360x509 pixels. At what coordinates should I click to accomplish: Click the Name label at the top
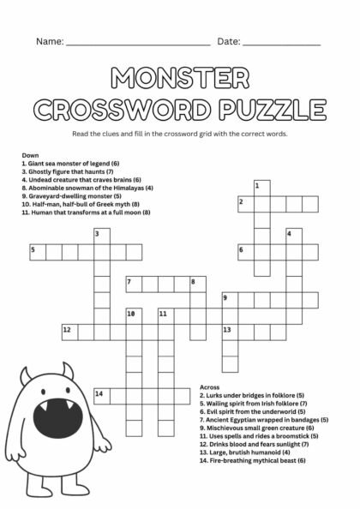tap(49, 41)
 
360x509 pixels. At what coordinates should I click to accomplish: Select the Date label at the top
tap(228, 41)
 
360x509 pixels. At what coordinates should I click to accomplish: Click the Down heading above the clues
tap(30, 154)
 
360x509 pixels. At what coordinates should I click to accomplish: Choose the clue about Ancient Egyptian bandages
tap(264, 420)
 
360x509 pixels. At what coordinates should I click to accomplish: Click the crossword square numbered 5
tap(36, 250)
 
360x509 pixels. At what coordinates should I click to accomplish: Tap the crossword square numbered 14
tap(101, 393)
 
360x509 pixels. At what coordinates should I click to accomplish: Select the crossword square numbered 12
tap(68, 330)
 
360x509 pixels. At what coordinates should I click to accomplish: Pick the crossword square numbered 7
tap(132, 282)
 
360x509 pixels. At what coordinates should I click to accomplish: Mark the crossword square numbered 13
tap(228, 330)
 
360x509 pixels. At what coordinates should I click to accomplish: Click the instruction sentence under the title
tap(180, 135)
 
